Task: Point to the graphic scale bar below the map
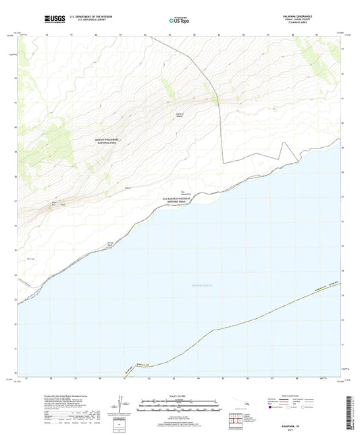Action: pyautogui.click(x=179, y=405)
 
